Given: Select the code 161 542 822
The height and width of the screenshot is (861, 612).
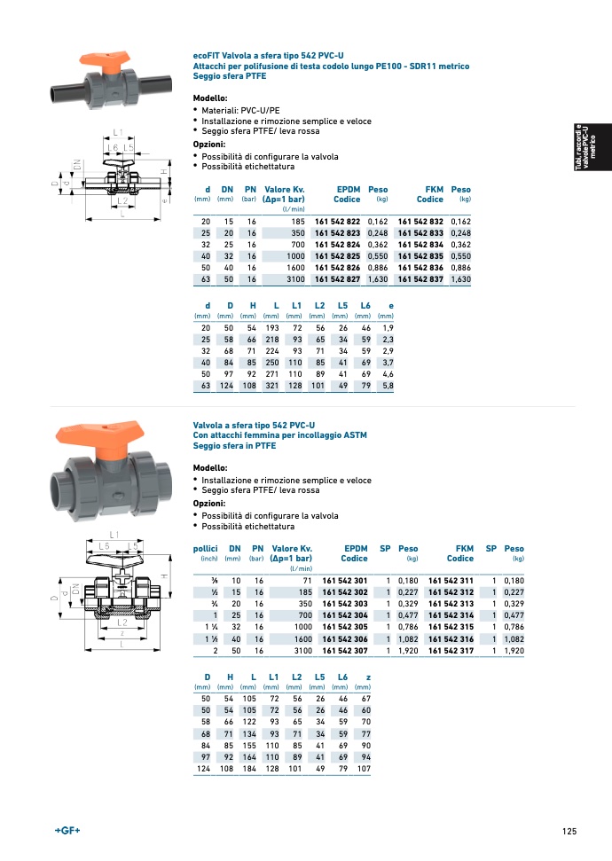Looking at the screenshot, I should pos(337,221).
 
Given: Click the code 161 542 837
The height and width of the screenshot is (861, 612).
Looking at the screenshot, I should pos(420,279).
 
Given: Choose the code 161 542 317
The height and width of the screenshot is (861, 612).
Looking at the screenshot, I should pos(451,651).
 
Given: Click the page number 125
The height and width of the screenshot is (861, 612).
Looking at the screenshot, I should pos(569,831).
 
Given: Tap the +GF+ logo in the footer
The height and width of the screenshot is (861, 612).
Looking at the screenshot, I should pos(67,830).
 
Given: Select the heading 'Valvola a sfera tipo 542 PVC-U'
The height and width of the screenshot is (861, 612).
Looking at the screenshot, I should pos(255,426).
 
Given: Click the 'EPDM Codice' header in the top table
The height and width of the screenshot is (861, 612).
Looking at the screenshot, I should pos(347,194).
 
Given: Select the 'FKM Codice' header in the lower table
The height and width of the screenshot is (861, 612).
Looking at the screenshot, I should pos(459,553).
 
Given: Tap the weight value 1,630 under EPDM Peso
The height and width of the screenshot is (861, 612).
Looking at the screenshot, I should pos(377,279).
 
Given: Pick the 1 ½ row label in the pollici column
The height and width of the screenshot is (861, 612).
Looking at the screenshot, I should pos(211,639).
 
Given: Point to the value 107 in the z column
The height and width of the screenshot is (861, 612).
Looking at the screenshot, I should pos(362,769).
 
